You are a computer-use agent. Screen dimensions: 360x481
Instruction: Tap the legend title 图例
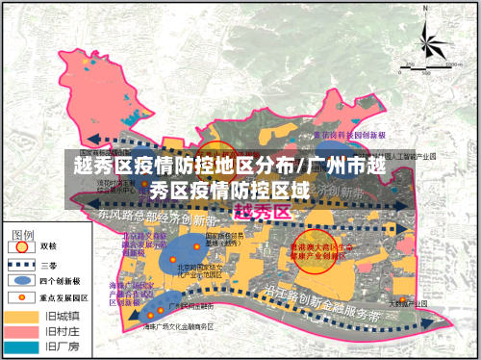24,234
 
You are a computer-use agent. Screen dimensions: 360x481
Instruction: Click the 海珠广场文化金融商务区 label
178,327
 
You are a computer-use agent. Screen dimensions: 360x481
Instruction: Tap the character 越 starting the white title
84,165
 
